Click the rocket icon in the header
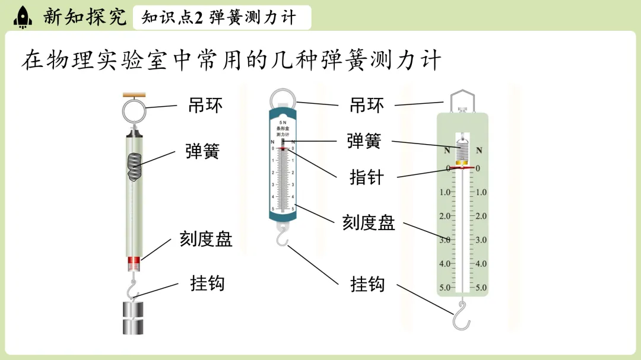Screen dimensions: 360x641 (23, 17)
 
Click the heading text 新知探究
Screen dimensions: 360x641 (85, 17)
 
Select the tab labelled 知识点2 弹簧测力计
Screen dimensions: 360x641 (218, 18)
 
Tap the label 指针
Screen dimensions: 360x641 (366, 177)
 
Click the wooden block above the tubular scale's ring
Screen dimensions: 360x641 (135, 94)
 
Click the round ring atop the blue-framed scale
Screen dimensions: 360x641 (281, 98)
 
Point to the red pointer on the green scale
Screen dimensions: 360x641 (462, 168)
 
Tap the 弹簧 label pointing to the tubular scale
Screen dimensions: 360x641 (202, 151)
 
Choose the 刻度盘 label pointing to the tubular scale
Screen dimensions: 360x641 (205, 239)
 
